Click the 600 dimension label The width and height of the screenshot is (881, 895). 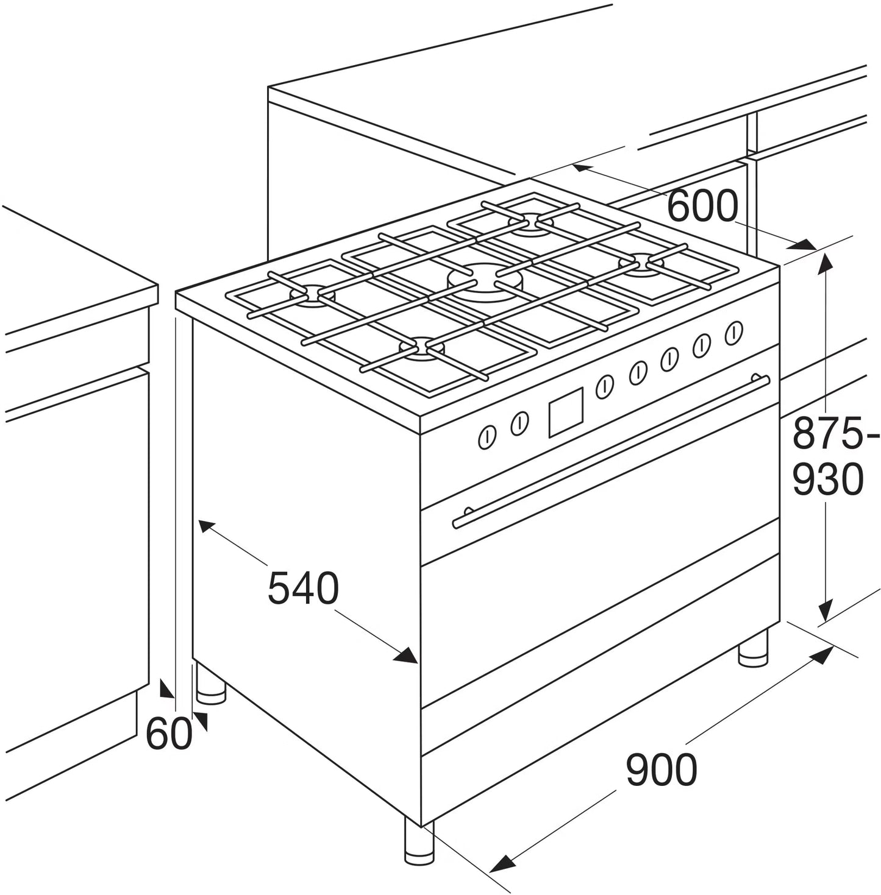[703, 205]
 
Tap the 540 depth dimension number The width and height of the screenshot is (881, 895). [303, 588]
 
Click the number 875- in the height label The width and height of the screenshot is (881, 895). [835, 433]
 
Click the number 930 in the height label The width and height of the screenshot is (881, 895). [828, 479]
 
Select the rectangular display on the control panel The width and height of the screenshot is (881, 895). [566, 412]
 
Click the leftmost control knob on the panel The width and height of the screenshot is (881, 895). [487, 437]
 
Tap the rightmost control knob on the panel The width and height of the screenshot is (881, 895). [734, 331]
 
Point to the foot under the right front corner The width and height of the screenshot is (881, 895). [753, 648]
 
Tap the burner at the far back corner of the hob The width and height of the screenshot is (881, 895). [532, 222]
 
